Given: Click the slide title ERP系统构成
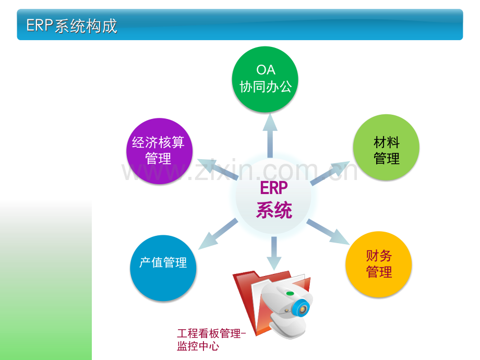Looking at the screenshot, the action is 71,26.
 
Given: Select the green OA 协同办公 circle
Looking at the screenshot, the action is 265,79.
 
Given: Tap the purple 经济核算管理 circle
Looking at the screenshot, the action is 159,151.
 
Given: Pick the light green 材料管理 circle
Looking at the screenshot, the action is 386,147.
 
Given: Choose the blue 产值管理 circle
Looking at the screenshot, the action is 163,268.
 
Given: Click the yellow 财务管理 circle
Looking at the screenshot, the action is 379,264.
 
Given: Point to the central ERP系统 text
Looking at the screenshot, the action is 274,200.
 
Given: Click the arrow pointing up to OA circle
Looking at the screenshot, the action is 270,135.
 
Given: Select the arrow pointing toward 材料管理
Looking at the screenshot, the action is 330,173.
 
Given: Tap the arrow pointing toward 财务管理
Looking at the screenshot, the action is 328,232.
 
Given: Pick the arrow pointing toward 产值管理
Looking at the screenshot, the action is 218,234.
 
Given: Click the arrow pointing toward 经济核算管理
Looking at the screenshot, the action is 218,169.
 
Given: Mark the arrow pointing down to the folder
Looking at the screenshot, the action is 274,253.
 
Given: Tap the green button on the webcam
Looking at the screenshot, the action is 290,294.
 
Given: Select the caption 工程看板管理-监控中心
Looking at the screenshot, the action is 211,340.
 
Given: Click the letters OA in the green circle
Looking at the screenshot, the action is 266,70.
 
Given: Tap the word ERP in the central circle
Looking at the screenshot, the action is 274,188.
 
